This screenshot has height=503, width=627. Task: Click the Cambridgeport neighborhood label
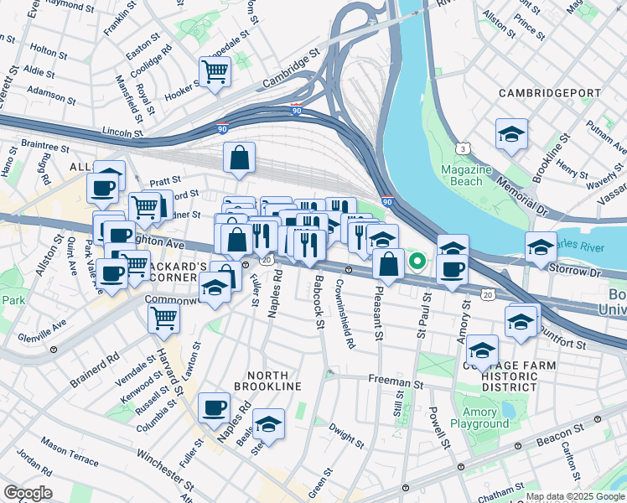[552, 92]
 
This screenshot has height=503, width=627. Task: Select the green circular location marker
[417, 262]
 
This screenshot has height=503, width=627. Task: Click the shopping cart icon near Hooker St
[215, 71]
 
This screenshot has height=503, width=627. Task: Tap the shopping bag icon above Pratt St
[239, 157]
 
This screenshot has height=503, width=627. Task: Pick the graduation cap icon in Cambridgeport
[510, 134]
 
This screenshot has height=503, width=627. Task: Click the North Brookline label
[267, 381]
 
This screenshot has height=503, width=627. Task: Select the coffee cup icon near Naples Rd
[215, 407]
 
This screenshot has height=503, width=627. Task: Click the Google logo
[28, 493]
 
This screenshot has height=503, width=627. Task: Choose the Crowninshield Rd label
[350, 310]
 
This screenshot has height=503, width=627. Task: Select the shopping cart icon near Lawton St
[164, 317]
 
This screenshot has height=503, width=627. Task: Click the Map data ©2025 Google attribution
[575, 496]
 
